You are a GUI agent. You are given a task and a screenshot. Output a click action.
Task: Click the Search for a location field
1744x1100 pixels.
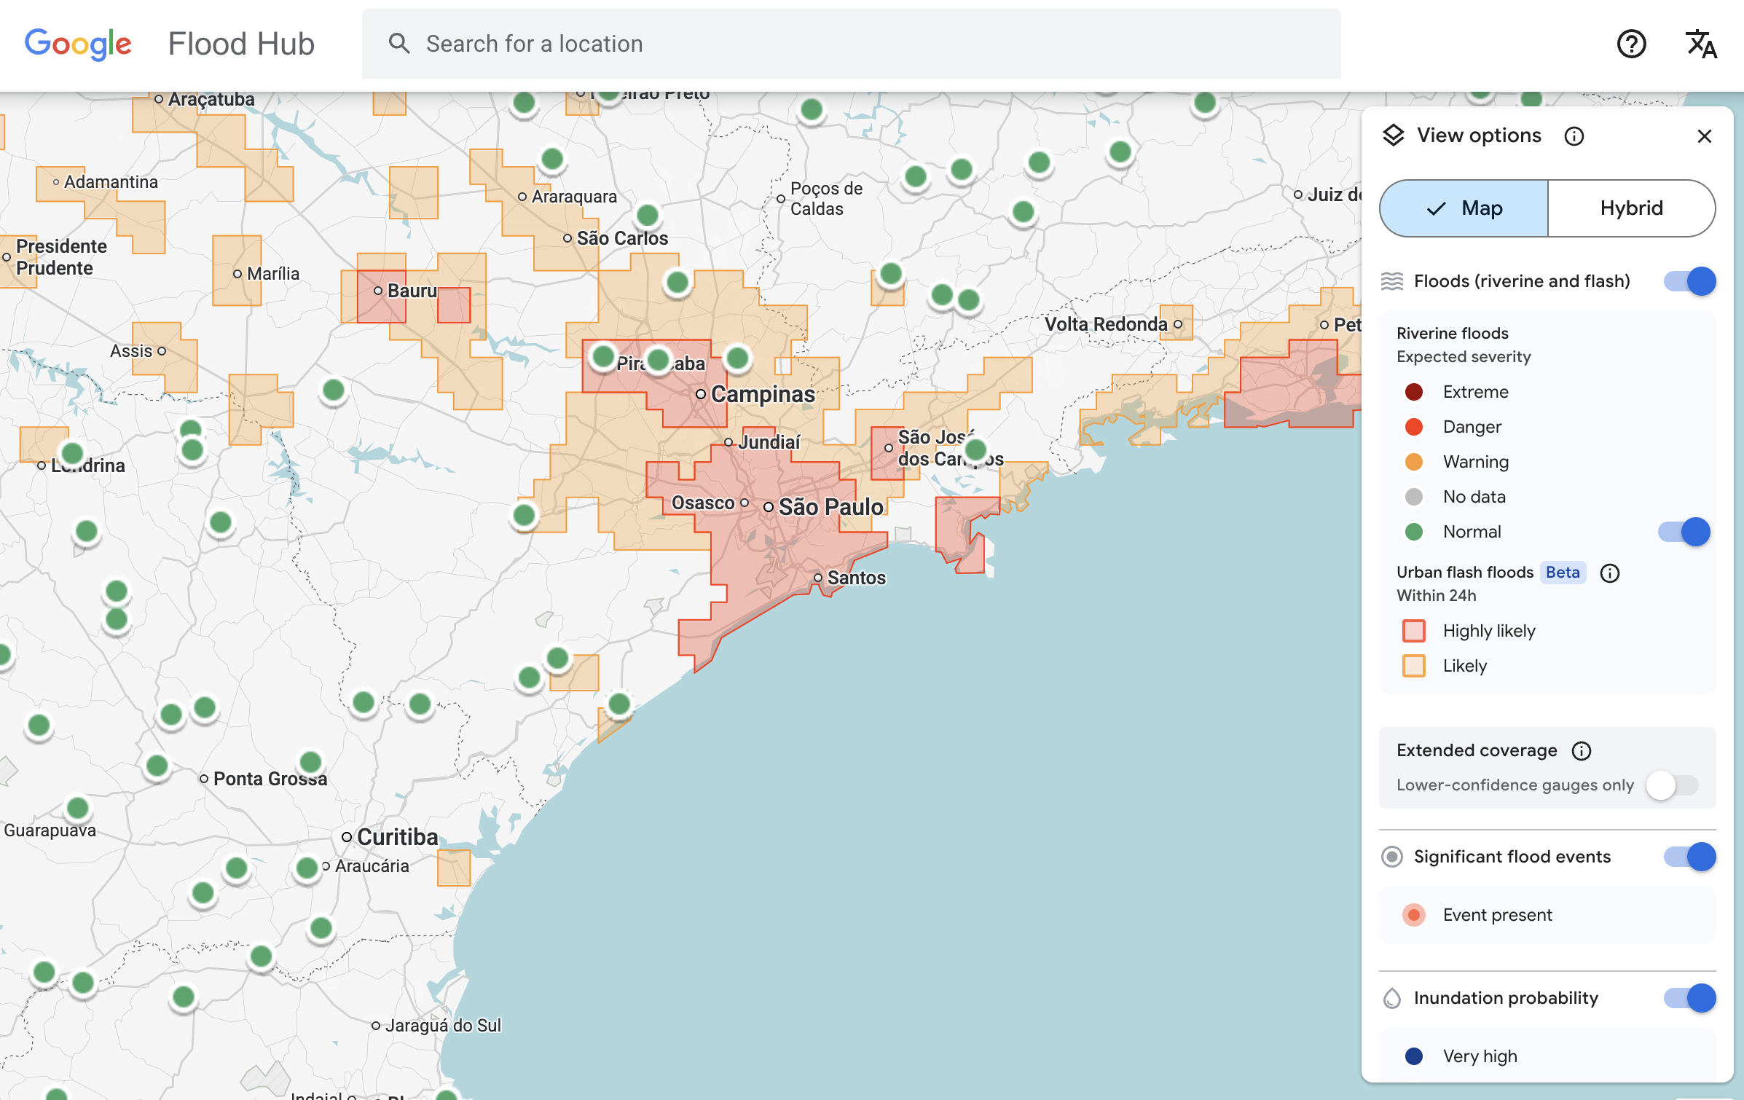click(x=850, y=44)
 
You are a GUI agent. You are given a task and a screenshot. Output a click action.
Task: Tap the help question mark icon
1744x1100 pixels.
click(x=1631, y=44)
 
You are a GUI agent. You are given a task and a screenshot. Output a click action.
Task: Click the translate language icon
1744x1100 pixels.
click(x=1701, y=44)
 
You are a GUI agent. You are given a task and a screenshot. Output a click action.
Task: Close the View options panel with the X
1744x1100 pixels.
click(x=1704, y=136)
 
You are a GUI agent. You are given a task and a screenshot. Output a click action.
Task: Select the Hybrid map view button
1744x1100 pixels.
click(x=1631, y=208)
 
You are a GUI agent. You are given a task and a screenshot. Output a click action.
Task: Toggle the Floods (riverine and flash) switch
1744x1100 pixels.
click(x=1689, y=281)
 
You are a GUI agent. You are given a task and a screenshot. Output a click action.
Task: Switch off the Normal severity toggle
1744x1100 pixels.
click(x=1684, y=532)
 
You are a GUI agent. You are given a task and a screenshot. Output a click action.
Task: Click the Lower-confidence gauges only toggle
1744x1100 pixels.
click(x=1672, y=785)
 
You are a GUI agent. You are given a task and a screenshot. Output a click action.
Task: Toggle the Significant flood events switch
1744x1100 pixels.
click(x=1689, y=857)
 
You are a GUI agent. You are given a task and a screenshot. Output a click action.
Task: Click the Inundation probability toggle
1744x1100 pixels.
click(x=1689, y=998)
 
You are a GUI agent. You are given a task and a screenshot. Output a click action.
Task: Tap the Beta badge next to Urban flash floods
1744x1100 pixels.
click(x=1563, y=573)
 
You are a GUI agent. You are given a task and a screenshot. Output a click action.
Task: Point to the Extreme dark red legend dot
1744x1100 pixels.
click(x=1414, y=392)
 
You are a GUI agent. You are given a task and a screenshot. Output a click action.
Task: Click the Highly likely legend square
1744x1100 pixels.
click(x=1414, y=631)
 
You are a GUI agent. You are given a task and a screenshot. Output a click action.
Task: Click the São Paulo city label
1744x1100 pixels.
click(x=830, y=507)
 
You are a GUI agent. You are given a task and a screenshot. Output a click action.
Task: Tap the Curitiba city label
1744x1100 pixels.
click(x=397, y=837)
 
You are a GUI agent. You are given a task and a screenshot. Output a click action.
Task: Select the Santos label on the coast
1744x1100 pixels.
click(x=856, y=578)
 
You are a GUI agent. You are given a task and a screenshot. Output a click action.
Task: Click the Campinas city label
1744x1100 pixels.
click(x=763, y=394)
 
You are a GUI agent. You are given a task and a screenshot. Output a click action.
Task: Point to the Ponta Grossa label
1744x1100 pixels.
click(x=270, y=779)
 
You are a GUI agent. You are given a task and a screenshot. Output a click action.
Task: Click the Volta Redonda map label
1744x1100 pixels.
click(x=1106, y=324)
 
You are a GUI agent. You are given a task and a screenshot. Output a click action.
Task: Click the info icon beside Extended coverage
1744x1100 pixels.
click(x=1582, y=751)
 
